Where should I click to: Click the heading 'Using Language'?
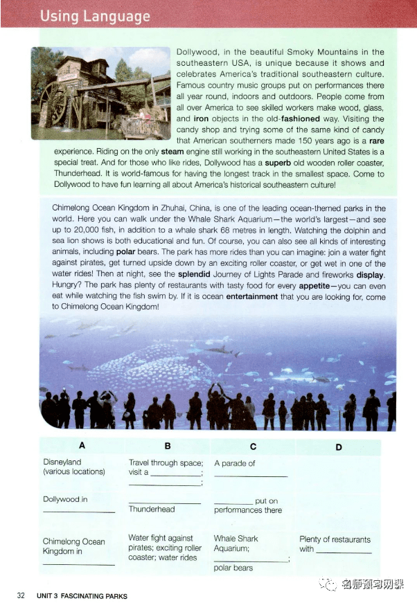click(95, 16)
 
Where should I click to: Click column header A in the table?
click(82, 447)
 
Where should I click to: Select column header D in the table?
click(338, 447)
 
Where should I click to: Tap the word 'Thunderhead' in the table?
click(152, 509)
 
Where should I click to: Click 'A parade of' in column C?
click(235, 463)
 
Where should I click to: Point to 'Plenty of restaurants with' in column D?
click(335, 544)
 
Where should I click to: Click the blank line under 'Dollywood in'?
click(79, 512)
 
